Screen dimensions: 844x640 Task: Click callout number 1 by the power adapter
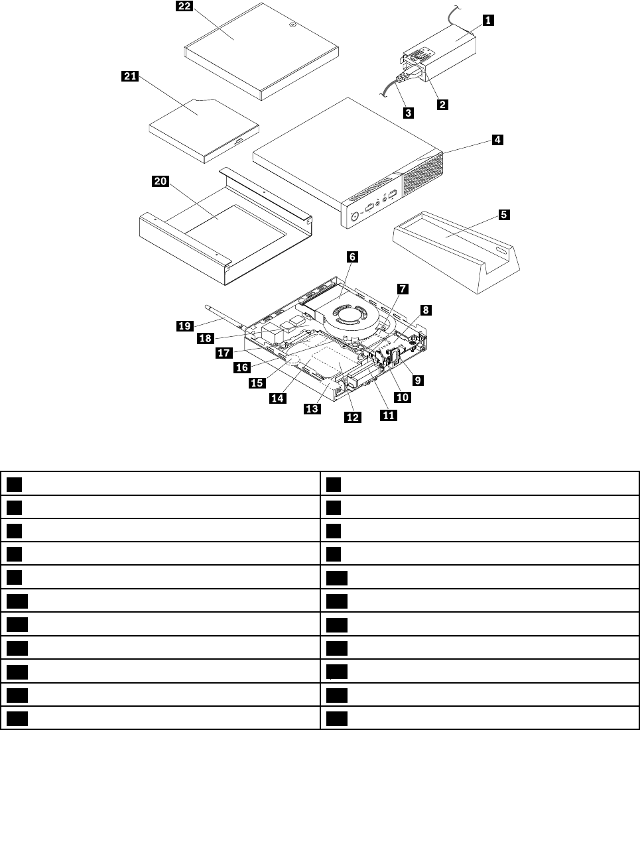pyautogui.click(x=487, y=20)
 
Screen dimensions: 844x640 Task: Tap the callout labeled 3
pyautogui.click(x=408, y=113)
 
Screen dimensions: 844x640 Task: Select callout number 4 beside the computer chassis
pyautogui.click(x=497, y=140)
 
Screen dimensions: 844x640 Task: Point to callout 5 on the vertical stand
pyautogui.click(x=504, y=214)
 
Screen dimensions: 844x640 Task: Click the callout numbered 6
pyautogui.click(x=352, y=256)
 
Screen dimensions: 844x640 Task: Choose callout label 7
pyautogui.click(x=403, y=288)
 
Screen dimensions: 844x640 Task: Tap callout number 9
pyautogui.click(x=418, y=380)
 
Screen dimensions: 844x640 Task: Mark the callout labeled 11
pyautogui.click(x=387, y=415)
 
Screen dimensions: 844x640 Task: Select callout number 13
pyautogui.click(x=312, y=408)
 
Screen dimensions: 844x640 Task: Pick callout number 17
pyautogui.click(x=224, y=353)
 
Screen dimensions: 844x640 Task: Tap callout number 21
pyautogui.click(x=129, y=76)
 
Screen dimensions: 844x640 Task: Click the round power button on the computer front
pyautogui.click(x=355, y=215)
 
